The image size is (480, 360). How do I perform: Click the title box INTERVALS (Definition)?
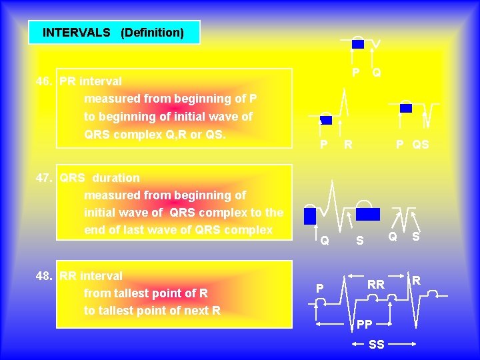click(113, 32)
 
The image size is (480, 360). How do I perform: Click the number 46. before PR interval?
click(45, 81)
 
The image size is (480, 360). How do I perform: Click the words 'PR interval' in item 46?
click(91, 81)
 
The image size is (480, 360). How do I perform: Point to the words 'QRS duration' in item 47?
click(100, 178)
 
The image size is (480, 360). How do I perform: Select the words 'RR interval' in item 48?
click(91, 276)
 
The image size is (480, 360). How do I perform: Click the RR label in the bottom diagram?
click(376, 285)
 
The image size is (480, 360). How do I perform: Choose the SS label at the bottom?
click(377, 345)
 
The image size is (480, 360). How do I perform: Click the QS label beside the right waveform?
click(421, 144)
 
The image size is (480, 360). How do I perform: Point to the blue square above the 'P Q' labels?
click(358, 44)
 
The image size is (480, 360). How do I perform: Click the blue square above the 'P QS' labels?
click(405, 108)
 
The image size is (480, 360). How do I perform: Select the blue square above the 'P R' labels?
click(326, 120)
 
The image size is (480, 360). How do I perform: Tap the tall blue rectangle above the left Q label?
click(309, 216)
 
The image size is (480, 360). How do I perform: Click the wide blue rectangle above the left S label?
click(367, 214)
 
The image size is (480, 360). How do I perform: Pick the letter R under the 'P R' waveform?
click(347, 144)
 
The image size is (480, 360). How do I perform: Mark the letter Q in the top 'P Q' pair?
click(377, 72)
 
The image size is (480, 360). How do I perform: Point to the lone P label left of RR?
click(319, 288)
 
